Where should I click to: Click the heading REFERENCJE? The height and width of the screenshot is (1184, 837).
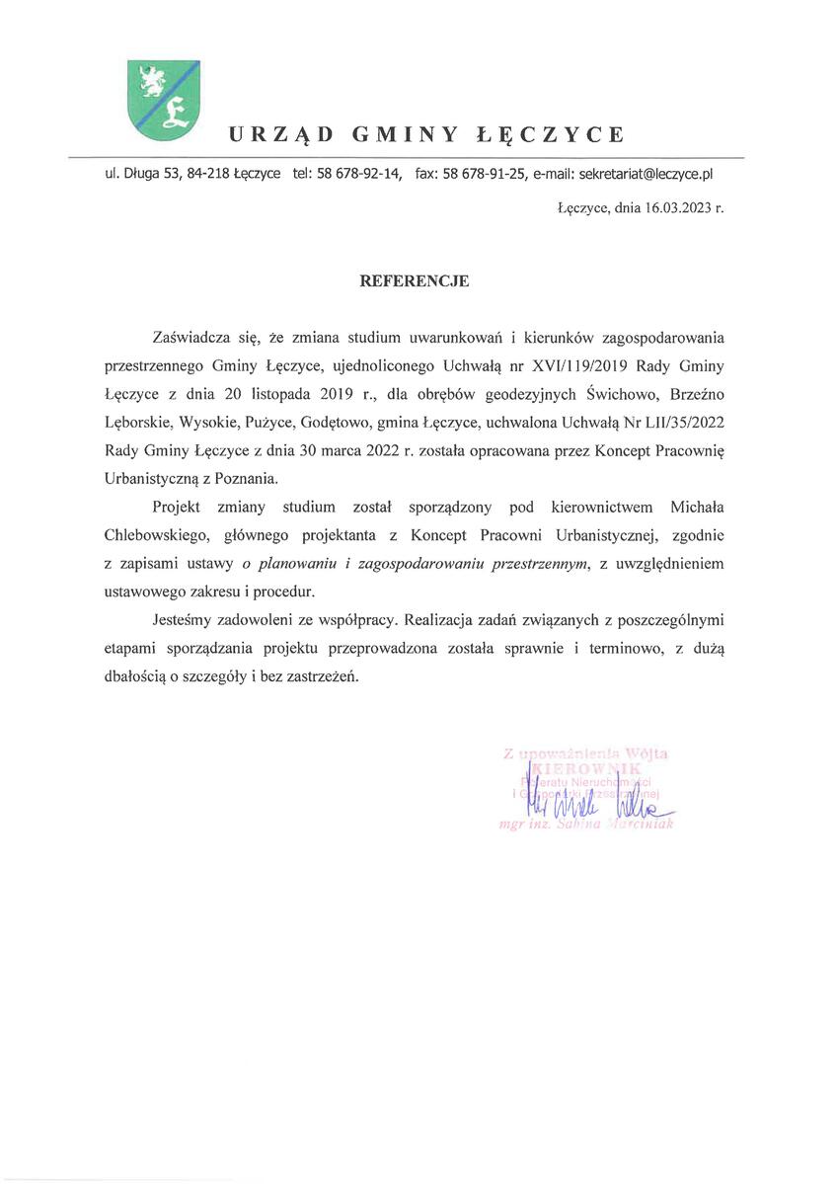414,280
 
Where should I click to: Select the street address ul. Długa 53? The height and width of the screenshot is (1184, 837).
142,174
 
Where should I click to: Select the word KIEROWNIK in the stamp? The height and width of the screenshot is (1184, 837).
587,768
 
